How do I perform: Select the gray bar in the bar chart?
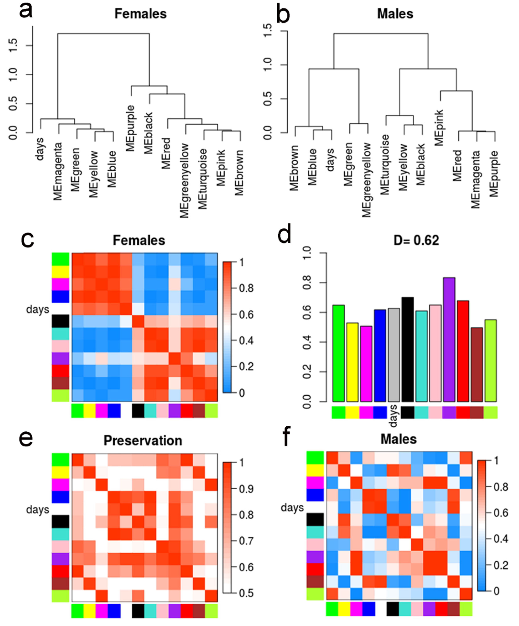pos(394,355)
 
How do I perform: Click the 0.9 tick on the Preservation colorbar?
pos(246,489)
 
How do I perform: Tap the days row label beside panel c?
pos(38,309)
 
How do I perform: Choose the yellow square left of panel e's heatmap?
pos(60,472)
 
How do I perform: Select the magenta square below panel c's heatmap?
pos(102,411)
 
